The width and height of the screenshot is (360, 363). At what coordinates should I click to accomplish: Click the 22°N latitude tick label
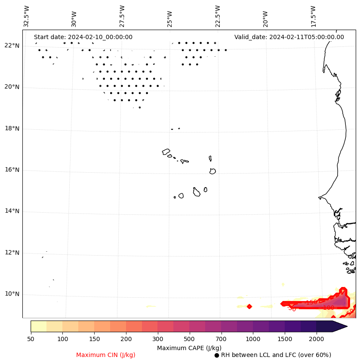12,46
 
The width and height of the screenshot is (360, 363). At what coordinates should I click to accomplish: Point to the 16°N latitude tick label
12,170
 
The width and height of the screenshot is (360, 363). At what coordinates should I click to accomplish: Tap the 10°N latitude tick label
12,294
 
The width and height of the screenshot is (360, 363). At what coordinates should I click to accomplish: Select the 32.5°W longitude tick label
27,16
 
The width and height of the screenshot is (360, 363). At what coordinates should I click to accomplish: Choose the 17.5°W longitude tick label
313,16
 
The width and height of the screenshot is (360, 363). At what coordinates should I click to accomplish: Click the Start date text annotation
83,37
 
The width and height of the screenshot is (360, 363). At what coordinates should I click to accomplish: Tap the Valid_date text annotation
289,37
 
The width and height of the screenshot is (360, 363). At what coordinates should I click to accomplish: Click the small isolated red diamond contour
249,306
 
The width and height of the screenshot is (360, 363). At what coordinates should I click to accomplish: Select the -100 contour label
328,308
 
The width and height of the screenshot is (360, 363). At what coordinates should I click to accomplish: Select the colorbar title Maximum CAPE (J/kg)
189,348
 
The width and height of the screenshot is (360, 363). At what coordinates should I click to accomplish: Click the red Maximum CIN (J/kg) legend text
106,355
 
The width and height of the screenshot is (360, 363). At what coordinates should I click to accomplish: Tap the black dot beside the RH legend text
217,355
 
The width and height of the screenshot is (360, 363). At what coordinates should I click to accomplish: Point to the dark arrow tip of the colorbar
342,326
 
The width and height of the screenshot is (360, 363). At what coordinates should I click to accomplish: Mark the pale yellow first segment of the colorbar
38,326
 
